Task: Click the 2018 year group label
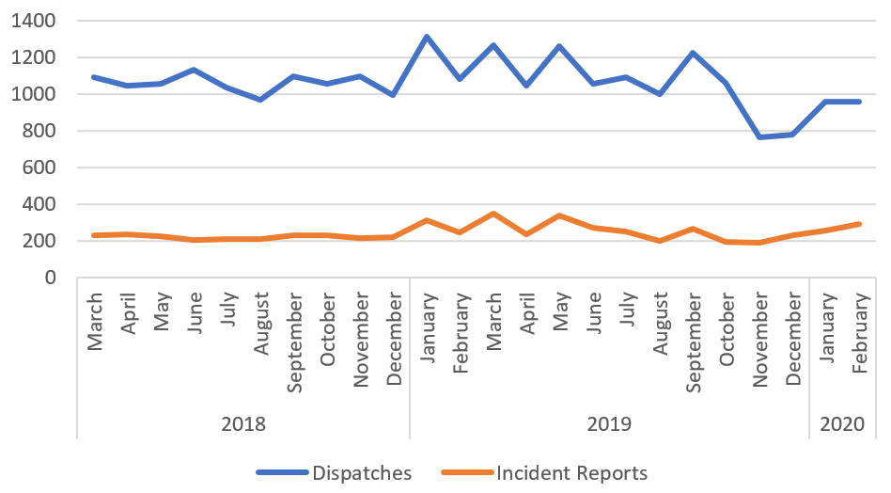point(243,423)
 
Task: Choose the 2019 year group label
point(609,423)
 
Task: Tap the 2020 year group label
point(843,423)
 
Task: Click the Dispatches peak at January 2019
point(426,37)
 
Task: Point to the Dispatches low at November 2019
point(759,137)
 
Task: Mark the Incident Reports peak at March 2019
point(492,214)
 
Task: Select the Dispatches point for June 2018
point(193,70)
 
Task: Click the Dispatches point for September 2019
point(693,53)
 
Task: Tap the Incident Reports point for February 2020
point(859,224)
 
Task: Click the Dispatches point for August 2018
point(259,99)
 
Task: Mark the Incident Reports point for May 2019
point(559,215)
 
